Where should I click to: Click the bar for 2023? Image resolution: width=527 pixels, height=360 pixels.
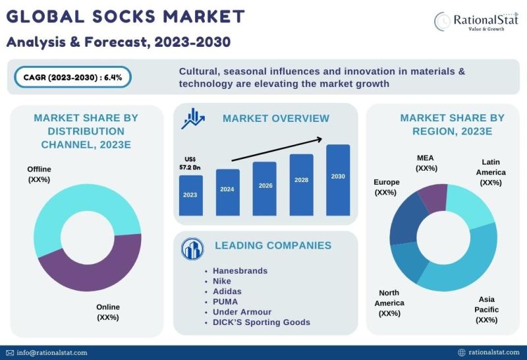(x=191, y=195)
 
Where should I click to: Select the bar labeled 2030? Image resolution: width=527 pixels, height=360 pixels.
(x=338, y=180)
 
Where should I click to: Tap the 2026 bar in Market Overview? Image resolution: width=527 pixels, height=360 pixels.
(x=265, y=189)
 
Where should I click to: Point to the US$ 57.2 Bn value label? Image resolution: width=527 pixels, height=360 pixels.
(x=190, y=163)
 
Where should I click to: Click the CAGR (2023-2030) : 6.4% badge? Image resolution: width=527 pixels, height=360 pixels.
(x=72, y=77)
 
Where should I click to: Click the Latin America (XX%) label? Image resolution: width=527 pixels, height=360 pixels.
(x=491, y=172)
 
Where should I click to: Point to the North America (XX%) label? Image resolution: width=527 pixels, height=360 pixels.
(x=389, y=303)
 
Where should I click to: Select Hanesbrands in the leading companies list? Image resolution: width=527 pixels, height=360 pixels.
(x=240, y=271)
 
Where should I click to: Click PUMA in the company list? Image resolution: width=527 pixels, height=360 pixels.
(x=225, y=302)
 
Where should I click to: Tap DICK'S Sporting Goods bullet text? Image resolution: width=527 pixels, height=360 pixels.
(x=262, y=322)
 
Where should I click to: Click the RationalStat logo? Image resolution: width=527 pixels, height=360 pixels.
(x=476, y=21)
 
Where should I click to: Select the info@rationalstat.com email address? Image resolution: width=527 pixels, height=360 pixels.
(x=52, y=353)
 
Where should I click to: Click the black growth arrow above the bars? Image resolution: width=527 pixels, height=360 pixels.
(x=277, y=150)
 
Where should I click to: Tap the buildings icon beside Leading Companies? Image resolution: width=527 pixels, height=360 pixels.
(x=192, y=249)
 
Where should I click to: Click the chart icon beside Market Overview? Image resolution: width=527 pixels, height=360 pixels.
(x=193, y=119)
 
